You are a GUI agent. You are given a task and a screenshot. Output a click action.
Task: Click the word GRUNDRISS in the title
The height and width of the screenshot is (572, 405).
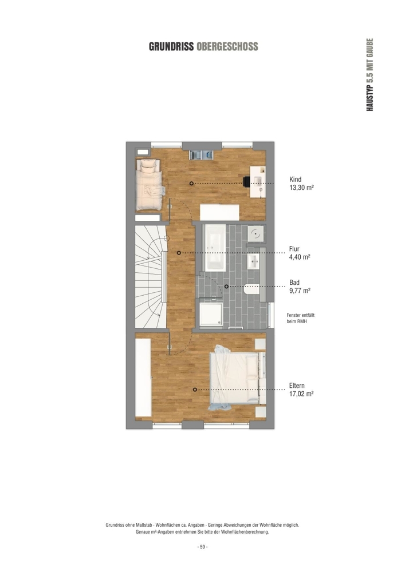[171, 47]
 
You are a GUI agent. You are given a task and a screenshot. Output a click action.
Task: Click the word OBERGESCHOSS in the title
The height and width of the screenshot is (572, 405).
[227, 47]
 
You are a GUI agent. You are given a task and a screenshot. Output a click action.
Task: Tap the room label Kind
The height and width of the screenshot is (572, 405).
[295, 179]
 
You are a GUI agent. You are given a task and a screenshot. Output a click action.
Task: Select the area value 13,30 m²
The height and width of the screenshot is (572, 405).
[301, 188]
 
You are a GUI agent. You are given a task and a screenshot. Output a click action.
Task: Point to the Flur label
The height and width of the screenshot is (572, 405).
[294, 249]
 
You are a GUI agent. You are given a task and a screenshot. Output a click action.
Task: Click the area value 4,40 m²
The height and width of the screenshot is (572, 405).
[300, 257]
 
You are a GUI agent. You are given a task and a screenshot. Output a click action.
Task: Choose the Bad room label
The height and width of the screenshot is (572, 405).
[294, 283]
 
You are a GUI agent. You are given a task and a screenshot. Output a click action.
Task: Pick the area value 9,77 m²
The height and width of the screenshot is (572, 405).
[300, 291]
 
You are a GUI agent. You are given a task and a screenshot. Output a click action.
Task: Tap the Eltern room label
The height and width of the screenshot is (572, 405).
[297, 386]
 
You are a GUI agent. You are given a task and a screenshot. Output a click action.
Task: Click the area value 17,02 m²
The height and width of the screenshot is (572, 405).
[301, 394]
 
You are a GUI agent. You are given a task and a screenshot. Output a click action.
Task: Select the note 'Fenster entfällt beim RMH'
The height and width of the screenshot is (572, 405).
[300, 318]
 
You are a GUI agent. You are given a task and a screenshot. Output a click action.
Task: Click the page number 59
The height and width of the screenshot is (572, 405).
[202, 547]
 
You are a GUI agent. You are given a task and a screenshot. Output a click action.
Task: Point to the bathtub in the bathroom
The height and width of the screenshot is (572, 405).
[215, 247]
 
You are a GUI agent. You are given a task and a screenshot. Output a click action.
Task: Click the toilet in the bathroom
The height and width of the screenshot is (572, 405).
[251, 288]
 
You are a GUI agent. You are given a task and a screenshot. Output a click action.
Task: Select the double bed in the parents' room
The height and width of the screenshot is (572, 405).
[237, 378]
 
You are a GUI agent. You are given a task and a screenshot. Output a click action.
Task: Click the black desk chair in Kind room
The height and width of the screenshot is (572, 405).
[247, 181]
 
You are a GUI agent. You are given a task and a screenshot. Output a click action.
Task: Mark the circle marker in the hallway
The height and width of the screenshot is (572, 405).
[179, 253]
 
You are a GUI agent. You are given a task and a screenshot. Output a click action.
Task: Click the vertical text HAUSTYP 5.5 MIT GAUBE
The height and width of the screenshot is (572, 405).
[369, 75]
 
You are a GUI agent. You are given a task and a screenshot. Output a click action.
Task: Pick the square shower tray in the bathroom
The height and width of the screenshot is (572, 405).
[211, 313]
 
